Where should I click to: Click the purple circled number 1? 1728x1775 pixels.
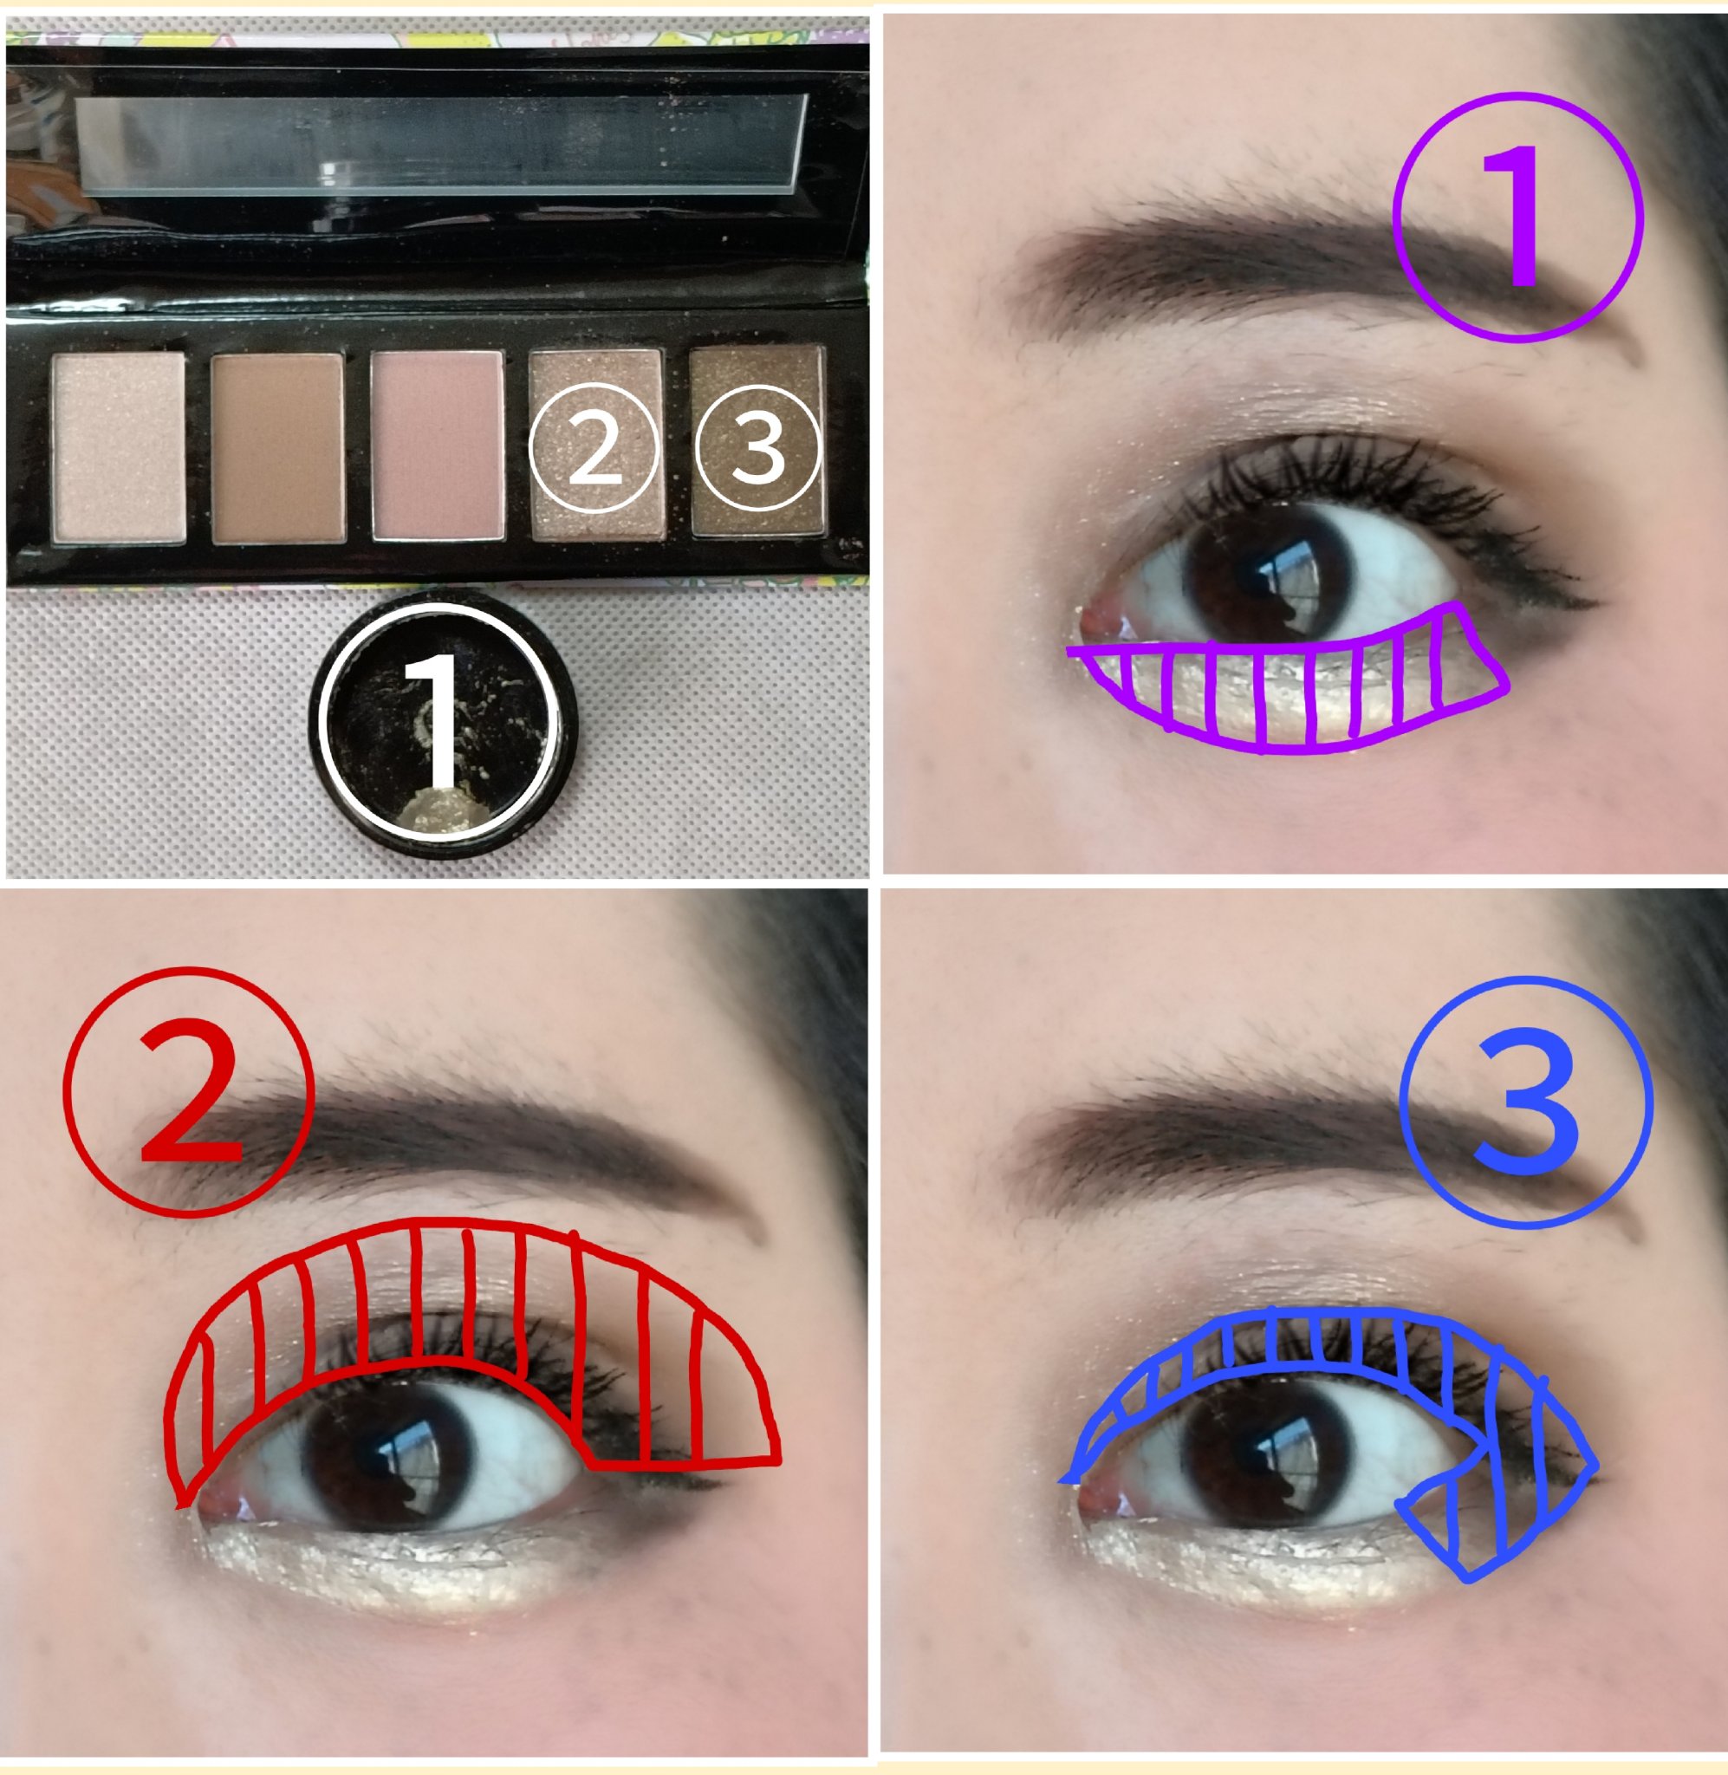[x=1517, y=217]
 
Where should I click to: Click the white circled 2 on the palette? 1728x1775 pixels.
[x=594, y=447]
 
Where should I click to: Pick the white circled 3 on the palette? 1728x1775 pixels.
[x=757, y=447]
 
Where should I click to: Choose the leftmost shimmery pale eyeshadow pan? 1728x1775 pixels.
[x=119, y=447]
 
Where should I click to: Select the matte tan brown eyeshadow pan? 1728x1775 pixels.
[x=277, y=448]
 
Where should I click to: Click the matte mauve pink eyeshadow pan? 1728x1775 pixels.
[x=438, y=446]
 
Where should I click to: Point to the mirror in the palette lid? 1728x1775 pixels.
[x=440, y=143]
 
